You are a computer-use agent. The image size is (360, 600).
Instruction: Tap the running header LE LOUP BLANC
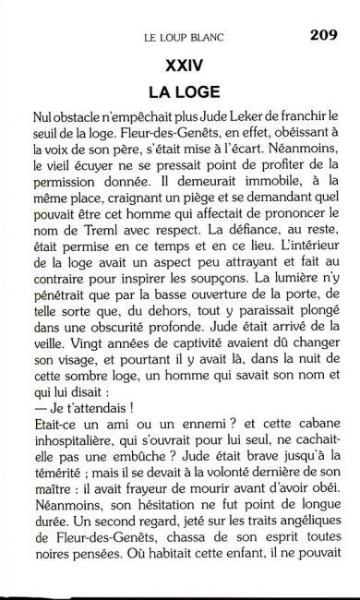186,39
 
